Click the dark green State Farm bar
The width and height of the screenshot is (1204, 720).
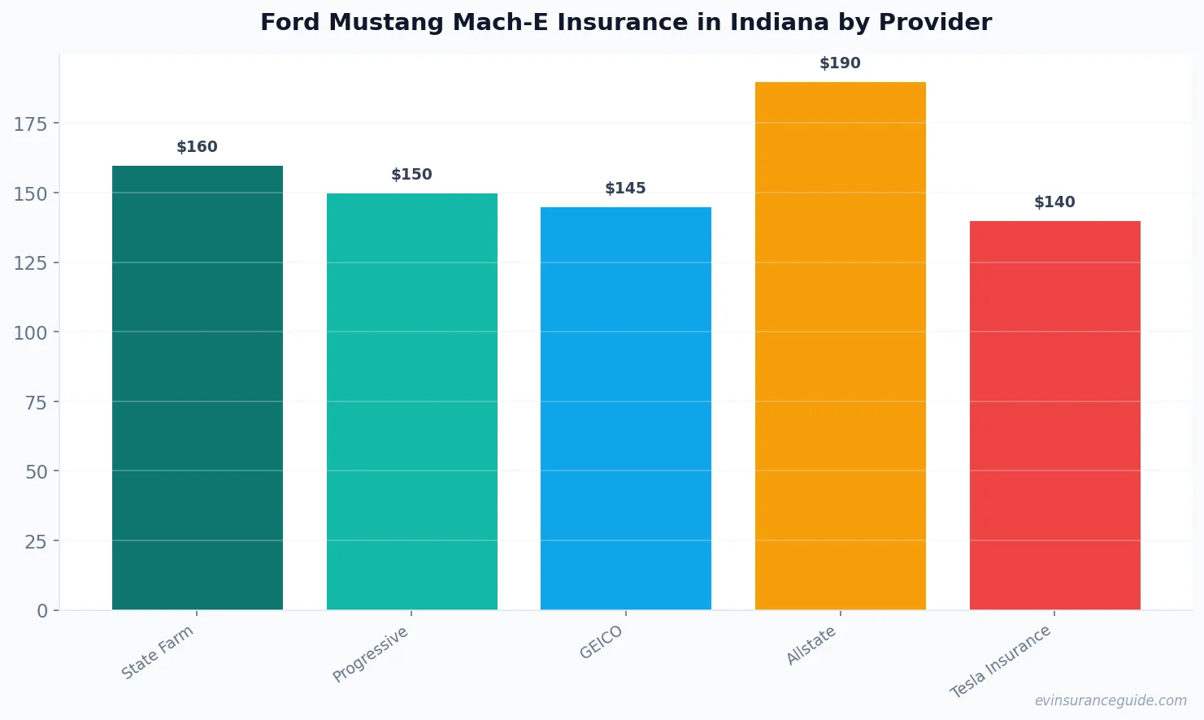point(198,388)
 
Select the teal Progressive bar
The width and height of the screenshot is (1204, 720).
point(412,401)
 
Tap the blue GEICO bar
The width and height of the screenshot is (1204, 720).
point(626,408)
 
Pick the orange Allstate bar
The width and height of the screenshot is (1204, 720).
point(841,345)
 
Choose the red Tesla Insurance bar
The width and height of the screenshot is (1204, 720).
point(1054,415)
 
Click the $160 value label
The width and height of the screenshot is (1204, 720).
point(198,147)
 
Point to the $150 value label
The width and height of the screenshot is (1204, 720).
point(412,175)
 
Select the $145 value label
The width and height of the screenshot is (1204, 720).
point(626,189)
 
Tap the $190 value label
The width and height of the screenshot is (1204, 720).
point(841,63)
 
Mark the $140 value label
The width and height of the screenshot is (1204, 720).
point(1054,202)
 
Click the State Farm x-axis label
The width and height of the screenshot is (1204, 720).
point(158,653)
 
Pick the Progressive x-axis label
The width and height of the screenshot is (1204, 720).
point(371,655)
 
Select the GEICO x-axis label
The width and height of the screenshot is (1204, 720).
point(602,643)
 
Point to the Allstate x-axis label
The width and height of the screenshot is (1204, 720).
point(811,646)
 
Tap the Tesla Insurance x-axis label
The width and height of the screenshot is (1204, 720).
point(1001,661)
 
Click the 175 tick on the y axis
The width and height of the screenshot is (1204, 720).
point(30,124)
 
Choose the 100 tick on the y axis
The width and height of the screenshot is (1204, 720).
point(30,332)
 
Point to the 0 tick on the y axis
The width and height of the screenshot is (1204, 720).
point(42,611)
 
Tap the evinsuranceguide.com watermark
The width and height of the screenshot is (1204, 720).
point(1111,700)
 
